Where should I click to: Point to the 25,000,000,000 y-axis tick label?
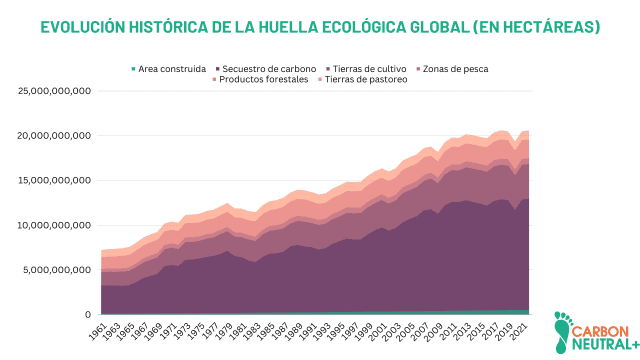pyautogui.click(x=55, y=91)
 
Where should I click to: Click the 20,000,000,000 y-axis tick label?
pyautogui.click(x=55, y=136)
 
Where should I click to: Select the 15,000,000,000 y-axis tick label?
pyautogui.click(x=55, y=180)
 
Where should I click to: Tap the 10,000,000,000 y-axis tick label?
pyautogui.click(x=55, y=225)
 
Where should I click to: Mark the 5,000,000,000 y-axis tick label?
pyautogui.click(x=58, y=270)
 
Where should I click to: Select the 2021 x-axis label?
pyautogui.click(x=519, y=331)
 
